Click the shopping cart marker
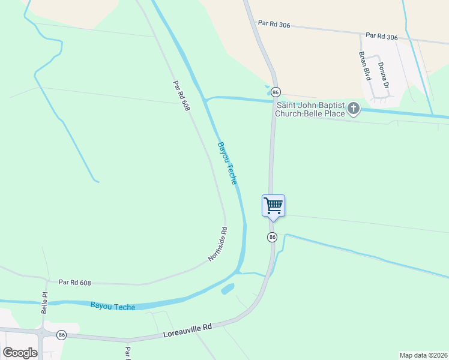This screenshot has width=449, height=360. [273, 206]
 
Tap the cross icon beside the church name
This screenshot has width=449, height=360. [354, 109]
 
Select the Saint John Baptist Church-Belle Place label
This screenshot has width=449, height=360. [310, 109]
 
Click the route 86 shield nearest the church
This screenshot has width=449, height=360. [276, 92]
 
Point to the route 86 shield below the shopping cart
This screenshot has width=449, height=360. [272, 237]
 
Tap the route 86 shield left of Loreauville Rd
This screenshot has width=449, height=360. [61, 334]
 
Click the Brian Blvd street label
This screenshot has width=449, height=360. [364, 66]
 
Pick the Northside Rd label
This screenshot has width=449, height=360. [218, 244]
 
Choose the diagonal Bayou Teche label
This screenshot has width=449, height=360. [228, 163]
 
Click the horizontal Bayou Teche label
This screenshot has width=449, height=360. [113, 306]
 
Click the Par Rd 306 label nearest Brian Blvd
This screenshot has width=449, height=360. [381, 37]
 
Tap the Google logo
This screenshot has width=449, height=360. [20, 353]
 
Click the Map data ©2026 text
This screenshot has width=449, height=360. [423, 355]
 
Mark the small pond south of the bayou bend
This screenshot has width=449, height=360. [228, 289]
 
